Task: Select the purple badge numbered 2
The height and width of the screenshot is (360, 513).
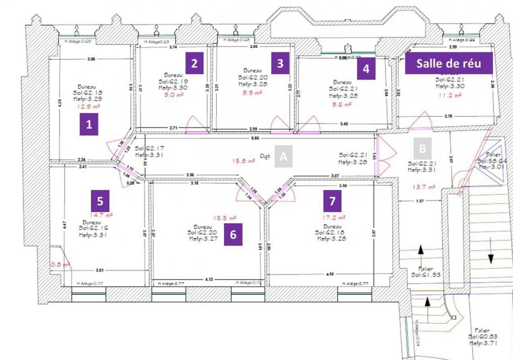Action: point(194,63)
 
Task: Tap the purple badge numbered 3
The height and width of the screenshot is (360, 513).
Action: point(280,63)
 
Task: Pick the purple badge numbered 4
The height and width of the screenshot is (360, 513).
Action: point(366,69)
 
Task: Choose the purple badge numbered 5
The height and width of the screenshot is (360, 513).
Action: point(100,200)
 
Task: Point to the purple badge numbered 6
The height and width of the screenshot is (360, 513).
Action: point(233,234)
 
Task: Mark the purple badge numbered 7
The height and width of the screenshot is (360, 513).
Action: point(333,201)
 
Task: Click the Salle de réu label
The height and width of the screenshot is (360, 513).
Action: point(449,63)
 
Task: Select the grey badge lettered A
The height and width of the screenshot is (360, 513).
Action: point(283,156)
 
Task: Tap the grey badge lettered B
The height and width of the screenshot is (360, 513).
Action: point(423,148)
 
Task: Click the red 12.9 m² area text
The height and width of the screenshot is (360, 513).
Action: point(89,107)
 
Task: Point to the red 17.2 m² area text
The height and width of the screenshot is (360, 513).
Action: point(333,217)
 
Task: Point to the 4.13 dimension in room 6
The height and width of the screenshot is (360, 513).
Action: point(209,279)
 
